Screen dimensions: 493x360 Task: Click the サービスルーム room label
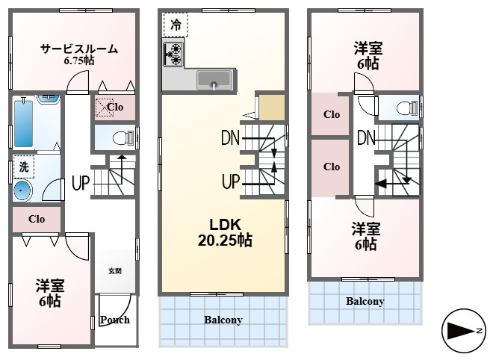coord(79,49)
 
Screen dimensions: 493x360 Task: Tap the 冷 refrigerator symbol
coord(176,25)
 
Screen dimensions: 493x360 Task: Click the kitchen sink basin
coord(214,80)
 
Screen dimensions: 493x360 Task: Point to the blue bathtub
coord(24,123)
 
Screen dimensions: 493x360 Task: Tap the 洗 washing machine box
coord(24,167)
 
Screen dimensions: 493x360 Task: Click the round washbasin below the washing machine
coord(22,190)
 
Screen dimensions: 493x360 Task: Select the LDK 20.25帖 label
coord(225,233)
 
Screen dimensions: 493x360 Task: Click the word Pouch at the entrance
coord(115,320)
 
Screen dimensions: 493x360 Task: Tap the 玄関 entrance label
coord(115,270)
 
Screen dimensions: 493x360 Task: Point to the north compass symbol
coord(464,331)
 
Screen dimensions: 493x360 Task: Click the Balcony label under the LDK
coord(223,320)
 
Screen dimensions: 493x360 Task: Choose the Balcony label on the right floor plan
coord(365,301)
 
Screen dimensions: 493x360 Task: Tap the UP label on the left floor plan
coord(81,183)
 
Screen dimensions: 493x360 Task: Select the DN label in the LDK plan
coord(231,137)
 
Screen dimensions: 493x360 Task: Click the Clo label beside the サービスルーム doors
coord(115,107)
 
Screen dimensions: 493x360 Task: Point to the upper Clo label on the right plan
coord(332,114)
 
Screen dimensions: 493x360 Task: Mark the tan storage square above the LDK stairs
coord(272,108)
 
